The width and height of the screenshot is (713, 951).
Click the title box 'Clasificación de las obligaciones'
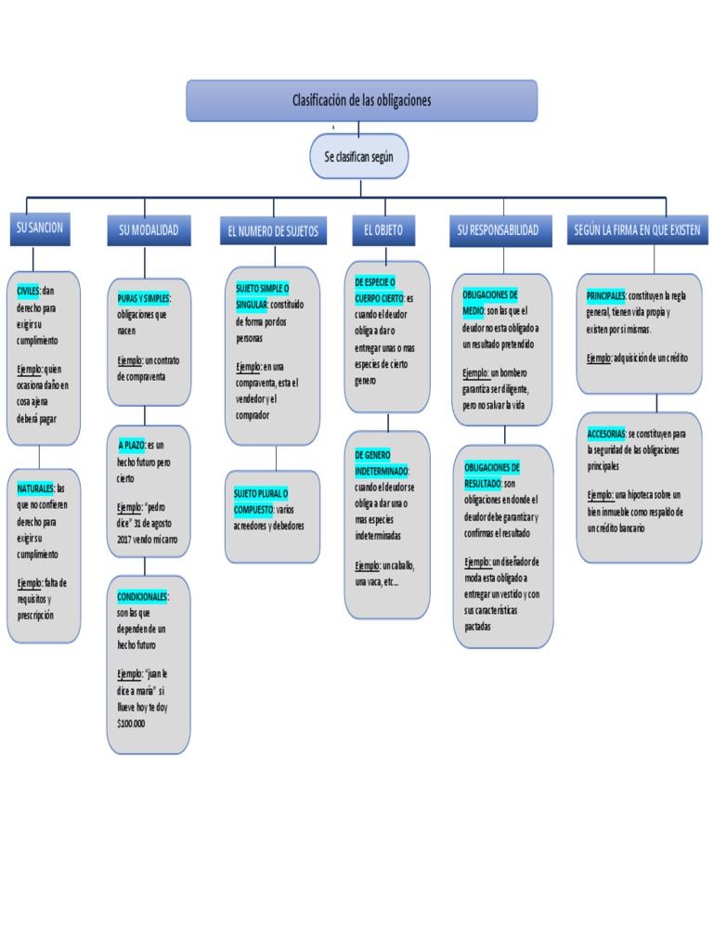point(361,100)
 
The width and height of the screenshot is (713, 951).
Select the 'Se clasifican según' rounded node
point(359,157)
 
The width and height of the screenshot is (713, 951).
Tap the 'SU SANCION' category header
point(39,228)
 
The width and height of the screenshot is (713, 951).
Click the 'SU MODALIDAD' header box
point(149,230)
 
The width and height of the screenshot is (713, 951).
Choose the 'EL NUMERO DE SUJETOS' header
point(272,231)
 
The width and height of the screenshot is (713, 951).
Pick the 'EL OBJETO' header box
point(383,230)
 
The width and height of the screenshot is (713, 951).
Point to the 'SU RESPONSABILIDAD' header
point(498,229)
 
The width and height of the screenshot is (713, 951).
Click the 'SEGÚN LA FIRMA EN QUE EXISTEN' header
point(636,229)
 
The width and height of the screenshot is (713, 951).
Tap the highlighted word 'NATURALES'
point(35,488)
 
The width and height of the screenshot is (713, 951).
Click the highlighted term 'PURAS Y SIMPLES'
point(143,297)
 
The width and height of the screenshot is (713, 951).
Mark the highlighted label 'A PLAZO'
point(131,445)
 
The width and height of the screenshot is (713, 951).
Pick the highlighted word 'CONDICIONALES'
point(142,595)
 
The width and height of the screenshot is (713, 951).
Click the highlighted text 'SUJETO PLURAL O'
point(261,492)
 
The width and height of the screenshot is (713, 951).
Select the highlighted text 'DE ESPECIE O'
point(375,281)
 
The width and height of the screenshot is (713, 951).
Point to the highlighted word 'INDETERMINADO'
point(382,472)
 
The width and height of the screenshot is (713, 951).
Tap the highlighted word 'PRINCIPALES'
point(606,295)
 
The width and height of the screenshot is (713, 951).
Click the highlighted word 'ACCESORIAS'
point(605,434)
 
